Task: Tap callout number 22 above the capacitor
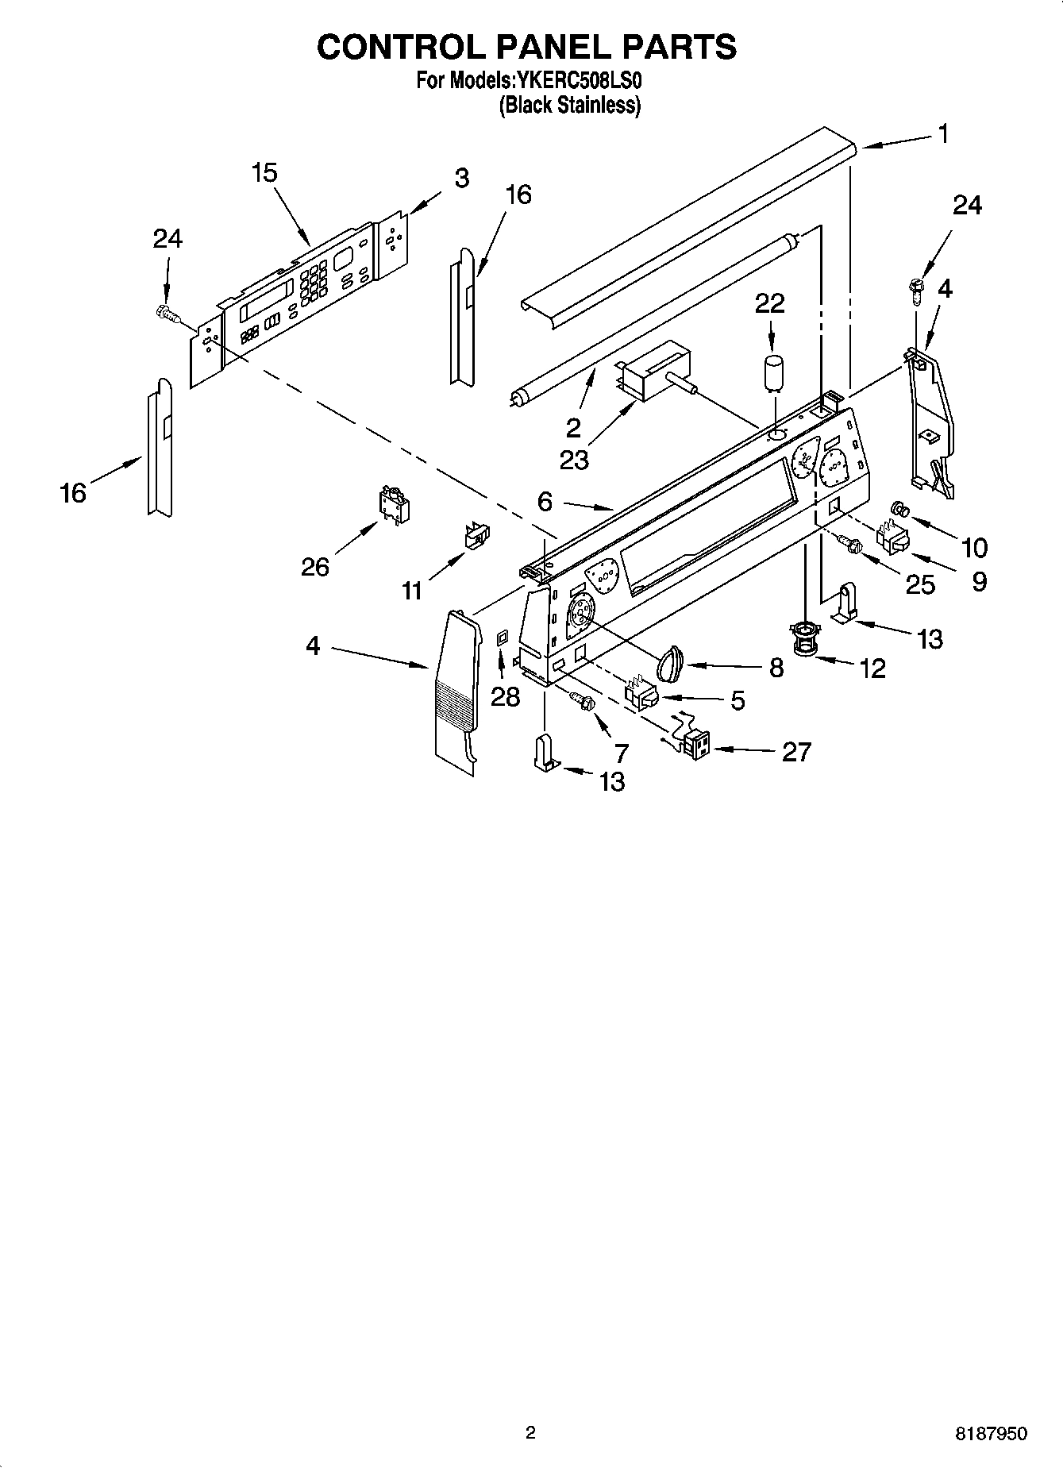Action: [x=769, y=303]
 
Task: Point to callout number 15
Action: [x=264, y=172]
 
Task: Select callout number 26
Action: [x=315, y=567]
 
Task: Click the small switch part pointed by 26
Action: [x=393, y=504]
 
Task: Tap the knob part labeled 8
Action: [x=672, y=662]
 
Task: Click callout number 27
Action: [x=796, y=751]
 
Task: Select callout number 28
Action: [x=505, y=696]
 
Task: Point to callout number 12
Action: [x=872, y=668]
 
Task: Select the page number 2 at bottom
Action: [x=530, y=1432]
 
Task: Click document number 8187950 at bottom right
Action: [x=990, y=1433]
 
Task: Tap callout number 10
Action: [x=974, y=547]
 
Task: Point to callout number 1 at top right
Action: [x=942, y=134]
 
